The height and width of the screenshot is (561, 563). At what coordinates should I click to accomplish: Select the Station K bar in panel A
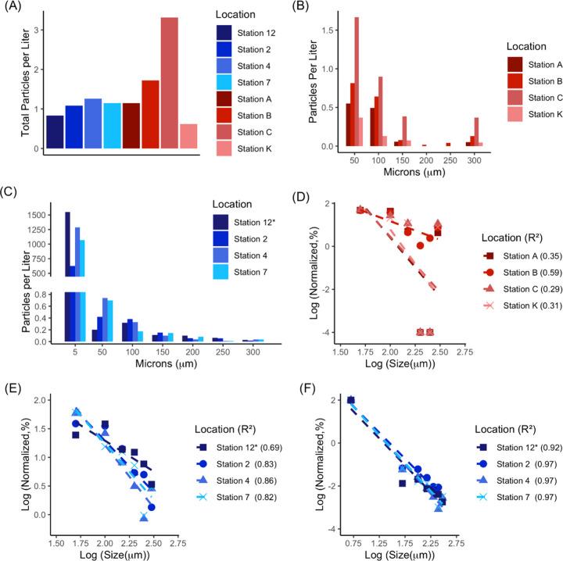click(x=188, y=136)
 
